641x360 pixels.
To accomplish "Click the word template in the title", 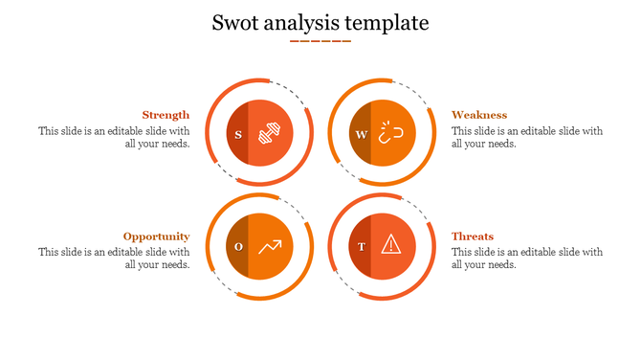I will (387, 22).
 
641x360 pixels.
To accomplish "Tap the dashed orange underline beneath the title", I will (320, 41).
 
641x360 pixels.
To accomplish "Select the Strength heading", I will (166, 115).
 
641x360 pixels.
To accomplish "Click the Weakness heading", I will (479, 115).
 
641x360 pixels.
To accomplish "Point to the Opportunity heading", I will (156, 236).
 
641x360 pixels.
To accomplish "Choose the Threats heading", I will (473, 236).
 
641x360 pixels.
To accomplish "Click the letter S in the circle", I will (238, 134).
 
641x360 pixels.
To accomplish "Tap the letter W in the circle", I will (361, 134).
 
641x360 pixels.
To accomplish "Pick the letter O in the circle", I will (238, 247).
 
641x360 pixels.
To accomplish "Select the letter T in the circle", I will (361, 247).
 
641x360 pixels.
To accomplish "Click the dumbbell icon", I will (271, 134).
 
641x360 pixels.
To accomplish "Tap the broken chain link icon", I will (391, 134).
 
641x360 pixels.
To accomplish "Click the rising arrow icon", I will (270, 247).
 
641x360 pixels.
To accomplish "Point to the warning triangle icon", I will (391, 246).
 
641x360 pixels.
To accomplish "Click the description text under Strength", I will (114, 137).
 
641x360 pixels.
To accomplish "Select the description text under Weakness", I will (527, 137).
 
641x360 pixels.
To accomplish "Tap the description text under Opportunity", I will (114, 259).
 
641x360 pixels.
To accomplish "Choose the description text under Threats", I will (527, 259).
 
